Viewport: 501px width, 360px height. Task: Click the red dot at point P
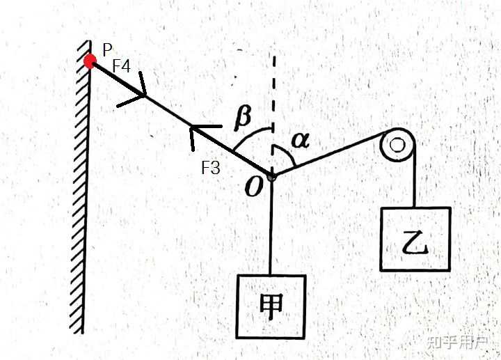90,61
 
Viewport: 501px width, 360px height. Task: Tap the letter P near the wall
107,49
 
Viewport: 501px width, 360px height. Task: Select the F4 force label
122,66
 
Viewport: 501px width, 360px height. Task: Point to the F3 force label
211,167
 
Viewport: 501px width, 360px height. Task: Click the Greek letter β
243,118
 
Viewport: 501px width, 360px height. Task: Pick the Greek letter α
301,141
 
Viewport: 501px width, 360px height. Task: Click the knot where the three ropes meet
271,176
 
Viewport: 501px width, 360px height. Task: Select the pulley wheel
398,145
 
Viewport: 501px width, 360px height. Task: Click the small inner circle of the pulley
397,145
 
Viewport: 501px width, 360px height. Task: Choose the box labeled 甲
271,306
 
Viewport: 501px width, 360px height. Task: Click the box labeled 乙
415,239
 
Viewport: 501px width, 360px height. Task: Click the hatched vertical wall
81,187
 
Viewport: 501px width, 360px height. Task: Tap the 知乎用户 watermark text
458,343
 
